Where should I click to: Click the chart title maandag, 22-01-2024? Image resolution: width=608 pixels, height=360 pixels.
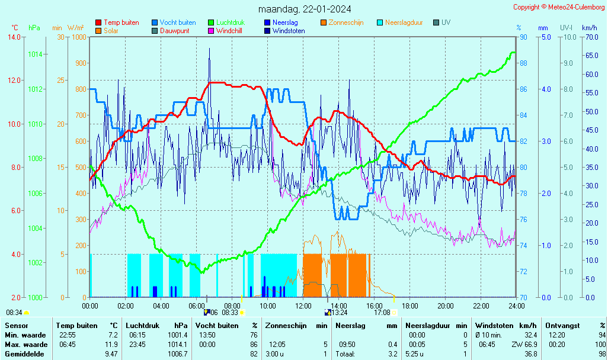[x=304, y=9]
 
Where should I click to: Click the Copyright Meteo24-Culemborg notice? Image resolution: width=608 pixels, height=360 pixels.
[x=559, y=7]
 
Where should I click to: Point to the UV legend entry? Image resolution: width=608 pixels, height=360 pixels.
[x=446, y=22]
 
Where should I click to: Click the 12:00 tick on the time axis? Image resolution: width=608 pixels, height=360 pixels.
[x=303, y=306]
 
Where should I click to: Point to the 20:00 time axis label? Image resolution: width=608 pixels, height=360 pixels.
[x=445, y=306]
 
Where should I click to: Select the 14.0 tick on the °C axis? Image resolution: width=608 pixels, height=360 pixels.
[x=14, y=37]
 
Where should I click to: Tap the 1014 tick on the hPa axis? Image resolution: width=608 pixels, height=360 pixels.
[x=34, y=54]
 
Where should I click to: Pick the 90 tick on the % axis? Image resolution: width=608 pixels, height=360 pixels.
[x=523, y=37]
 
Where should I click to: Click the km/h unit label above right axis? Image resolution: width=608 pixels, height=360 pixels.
[x=589, y=28]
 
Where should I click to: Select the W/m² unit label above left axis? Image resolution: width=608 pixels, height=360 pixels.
[x=75, y=28]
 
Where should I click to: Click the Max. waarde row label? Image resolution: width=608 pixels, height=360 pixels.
[x=26, y=345]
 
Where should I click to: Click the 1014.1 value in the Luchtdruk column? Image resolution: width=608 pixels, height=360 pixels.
[x=177, y=345]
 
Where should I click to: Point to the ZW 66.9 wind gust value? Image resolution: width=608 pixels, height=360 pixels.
[x=523, y=345]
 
